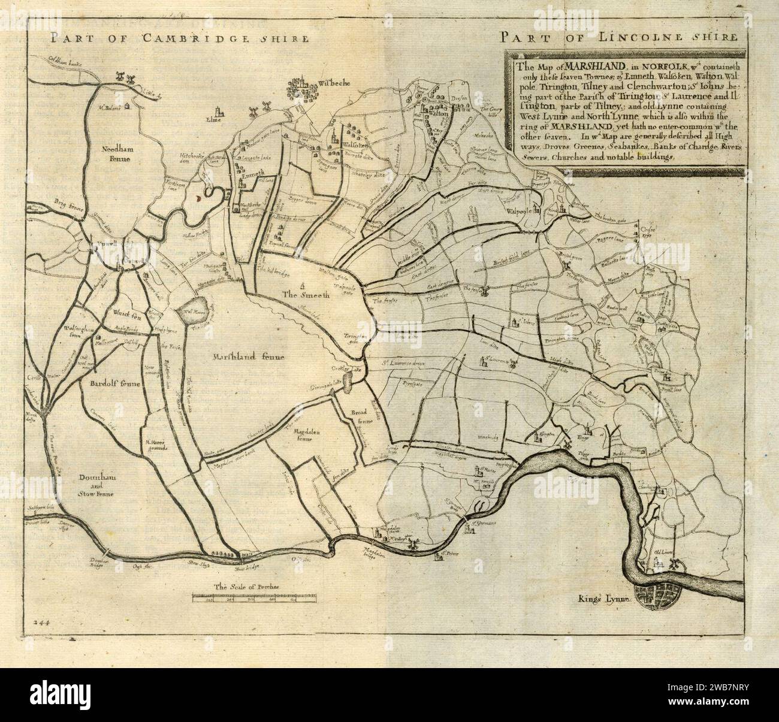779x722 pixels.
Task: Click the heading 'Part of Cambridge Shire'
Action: point(180,40)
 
